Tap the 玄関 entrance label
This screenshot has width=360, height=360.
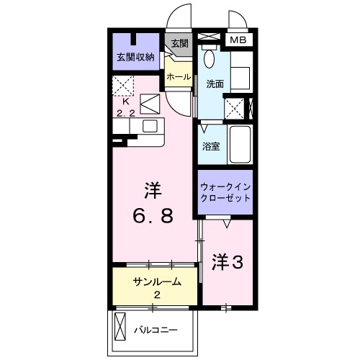(179, 43)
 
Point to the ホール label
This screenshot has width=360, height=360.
(179, 76)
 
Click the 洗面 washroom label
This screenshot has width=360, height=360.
(215, 84)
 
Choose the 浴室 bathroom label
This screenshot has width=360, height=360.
(210, 145)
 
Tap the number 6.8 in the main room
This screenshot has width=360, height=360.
(152, 215)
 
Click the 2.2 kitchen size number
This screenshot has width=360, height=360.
(127, 113)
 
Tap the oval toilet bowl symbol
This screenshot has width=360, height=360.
(210, 58)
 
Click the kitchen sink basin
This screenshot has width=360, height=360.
(150, 126)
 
